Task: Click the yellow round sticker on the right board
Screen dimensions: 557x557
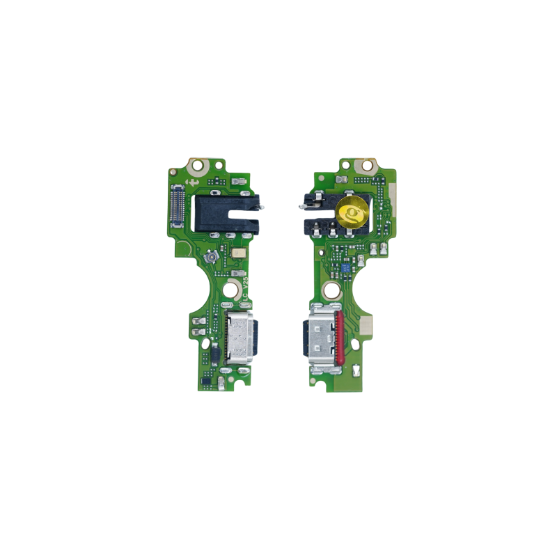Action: pyautogui.click(x=352, y=213)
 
